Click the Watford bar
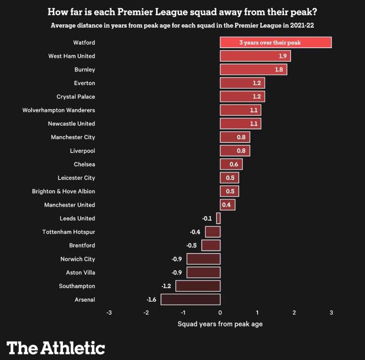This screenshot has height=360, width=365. [x=275, y=43]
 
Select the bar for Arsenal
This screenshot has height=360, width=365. [x=190, y=300]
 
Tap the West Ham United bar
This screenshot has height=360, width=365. [x=255, y=56]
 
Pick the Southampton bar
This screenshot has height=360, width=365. [x=198, y=286]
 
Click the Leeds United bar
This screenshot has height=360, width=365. [x=218, y=218]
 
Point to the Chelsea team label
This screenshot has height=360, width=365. [x=84, y=164]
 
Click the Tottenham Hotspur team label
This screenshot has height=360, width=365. [x=68, y=232]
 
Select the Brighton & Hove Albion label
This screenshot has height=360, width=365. [x=63, y=191]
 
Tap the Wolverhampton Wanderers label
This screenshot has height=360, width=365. [x=59, y=110]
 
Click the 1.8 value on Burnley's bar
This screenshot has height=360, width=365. [x=279, y=69]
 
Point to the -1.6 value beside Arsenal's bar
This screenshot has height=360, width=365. [x=151, y=300]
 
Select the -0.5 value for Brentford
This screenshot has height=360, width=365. [x=191, y=246]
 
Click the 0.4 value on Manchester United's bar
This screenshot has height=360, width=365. [x=226, y=205]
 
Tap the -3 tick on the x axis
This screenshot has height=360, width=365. [x=109, y=313]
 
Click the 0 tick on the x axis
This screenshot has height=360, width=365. [x=220, y=313]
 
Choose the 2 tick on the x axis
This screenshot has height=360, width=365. [x=294, y=313]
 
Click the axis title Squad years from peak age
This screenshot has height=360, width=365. [x=220, y=324]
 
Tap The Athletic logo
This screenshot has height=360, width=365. [x=56, y=348]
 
